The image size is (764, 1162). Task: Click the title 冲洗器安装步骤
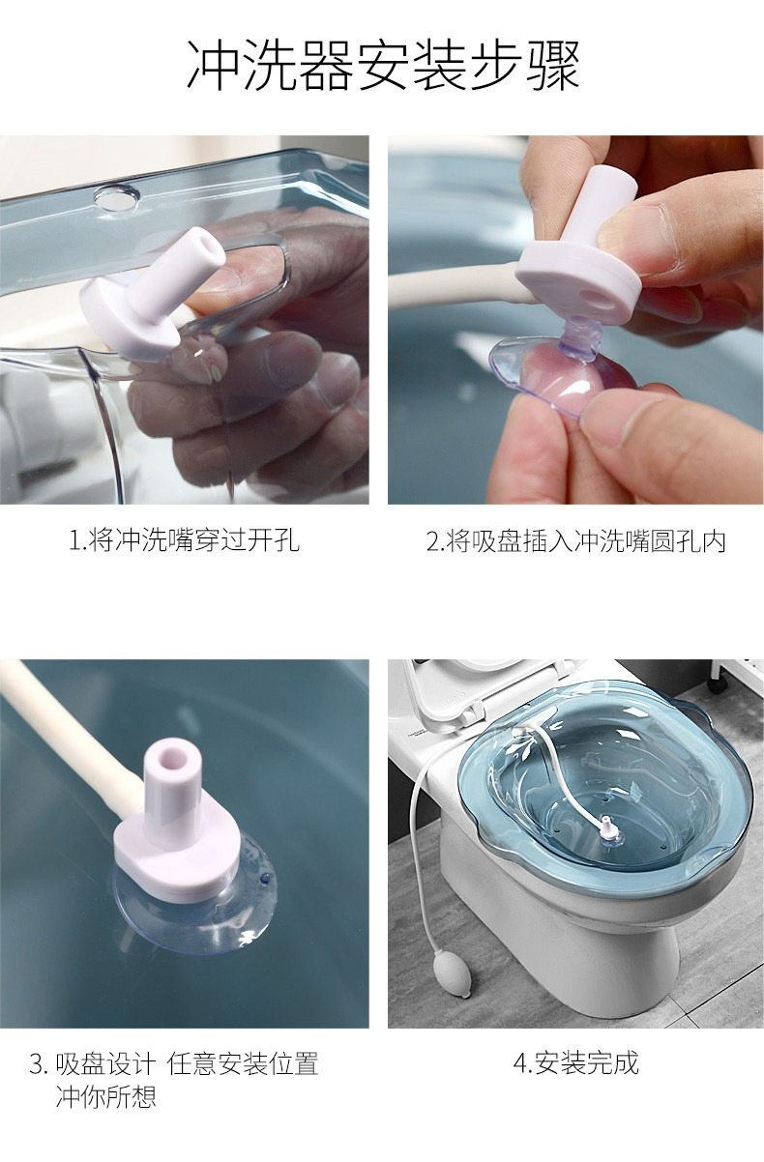[x=383, y=66]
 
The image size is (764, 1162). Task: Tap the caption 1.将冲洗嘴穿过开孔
[x=185, y=540]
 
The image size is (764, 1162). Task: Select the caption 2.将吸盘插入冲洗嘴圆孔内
[x=575, y=540]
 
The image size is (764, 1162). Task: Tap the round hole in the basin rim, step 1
[x=116, y=199]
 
